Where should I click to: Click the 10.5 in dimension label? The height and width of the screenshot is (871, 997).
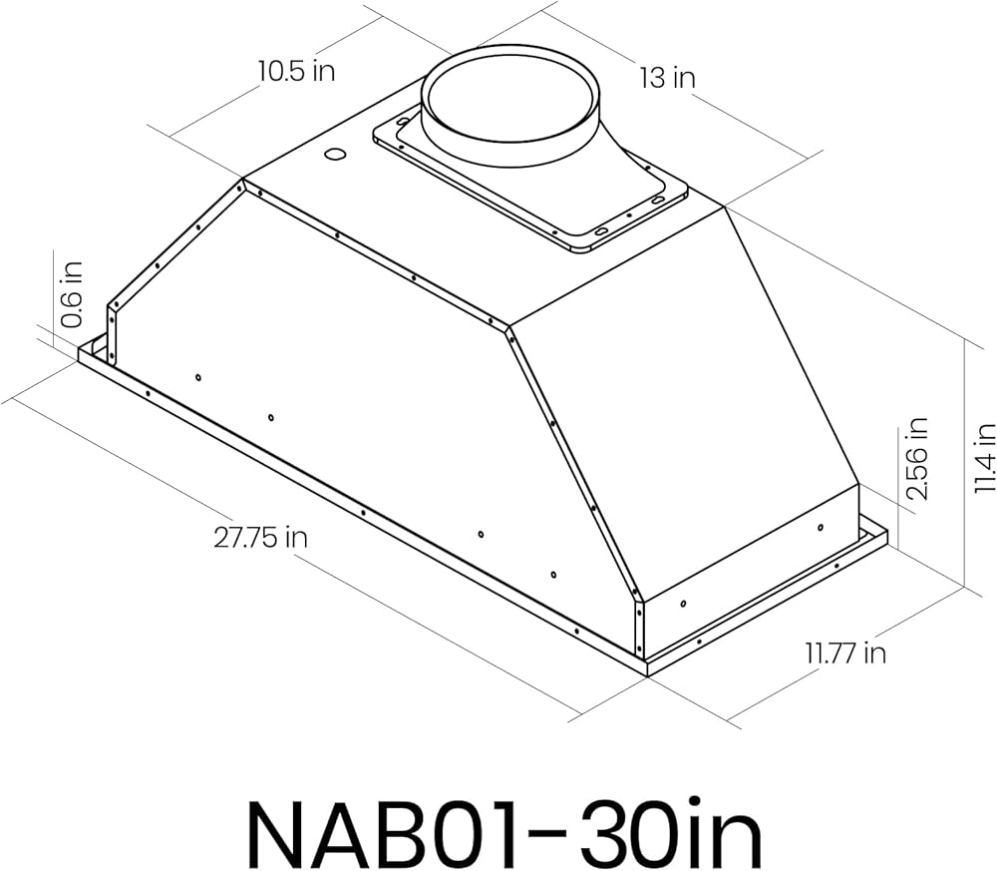296,71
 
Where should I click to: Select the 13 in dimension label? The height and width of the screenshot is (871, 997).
668,78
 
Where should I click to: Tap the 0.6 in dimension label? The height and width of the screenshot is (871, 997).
72,294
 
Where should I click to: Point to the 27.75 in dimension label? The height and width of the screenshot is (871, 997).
260,538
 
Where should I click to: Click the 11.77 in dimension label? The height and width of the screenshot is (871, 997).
845,653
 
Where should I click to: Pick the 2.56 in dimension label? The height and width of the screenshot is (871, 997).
917,458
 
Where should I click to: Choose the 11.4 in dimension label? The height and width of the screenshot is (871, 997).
984,458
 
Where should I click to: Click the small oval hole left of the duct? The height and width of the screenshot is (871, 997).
334,154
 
